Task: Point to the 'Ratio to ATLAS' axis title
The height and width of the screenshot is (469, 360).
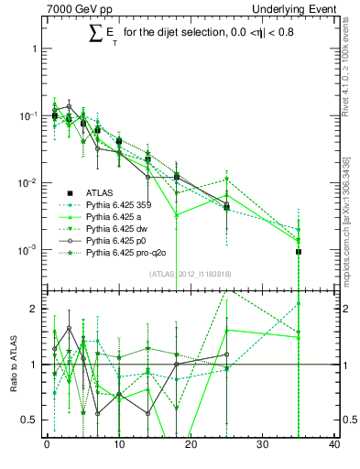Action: click(14, 364)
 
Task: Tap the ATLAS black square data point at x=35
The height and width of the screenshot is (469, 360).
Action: click(299, 251)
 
